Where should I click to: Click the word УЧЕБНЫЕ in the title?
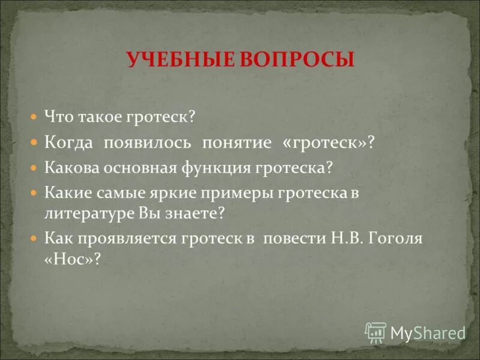(x=175, y=61)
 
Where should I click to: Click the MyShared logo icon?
(x=376, y=332)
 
